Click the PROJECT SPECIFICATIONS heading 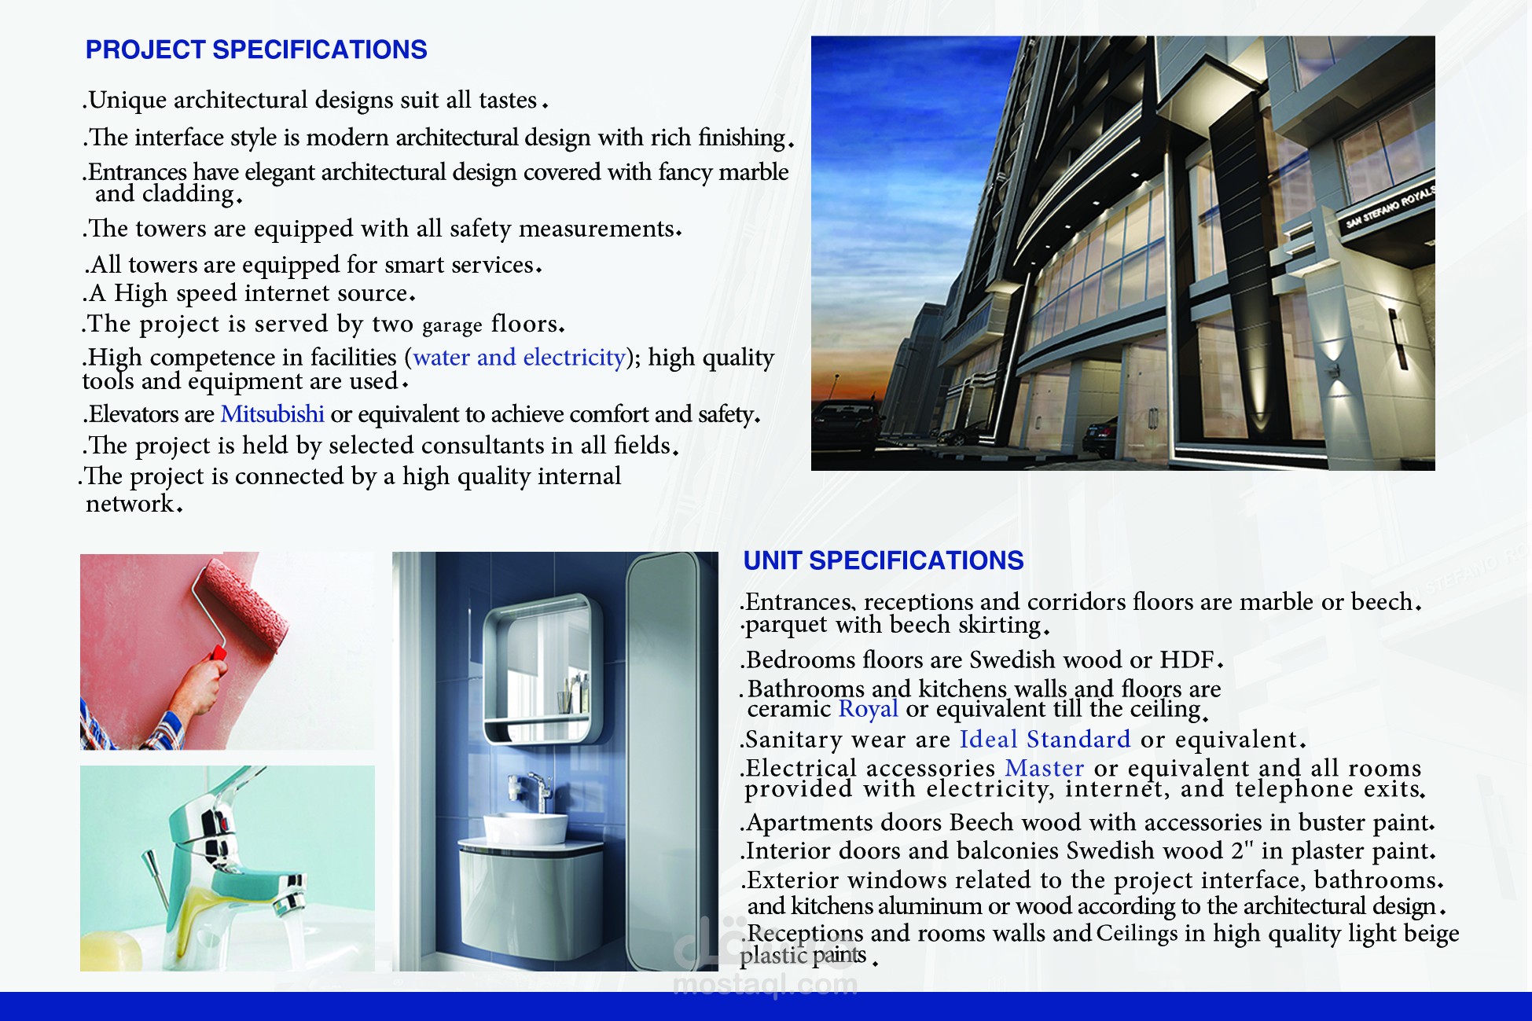coord(256,50)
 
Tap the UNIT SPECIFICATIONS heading coord(883,560)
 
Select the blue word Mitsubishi coord(272,414)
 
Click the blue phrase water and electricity coord(519,358)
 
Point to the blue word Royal coord(868,709)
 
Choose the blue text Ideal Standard coord(1045,740)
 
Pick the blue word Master coord(1044,768)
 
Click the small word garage coord(452,325)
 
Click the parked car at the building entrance coord(1100,436)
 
